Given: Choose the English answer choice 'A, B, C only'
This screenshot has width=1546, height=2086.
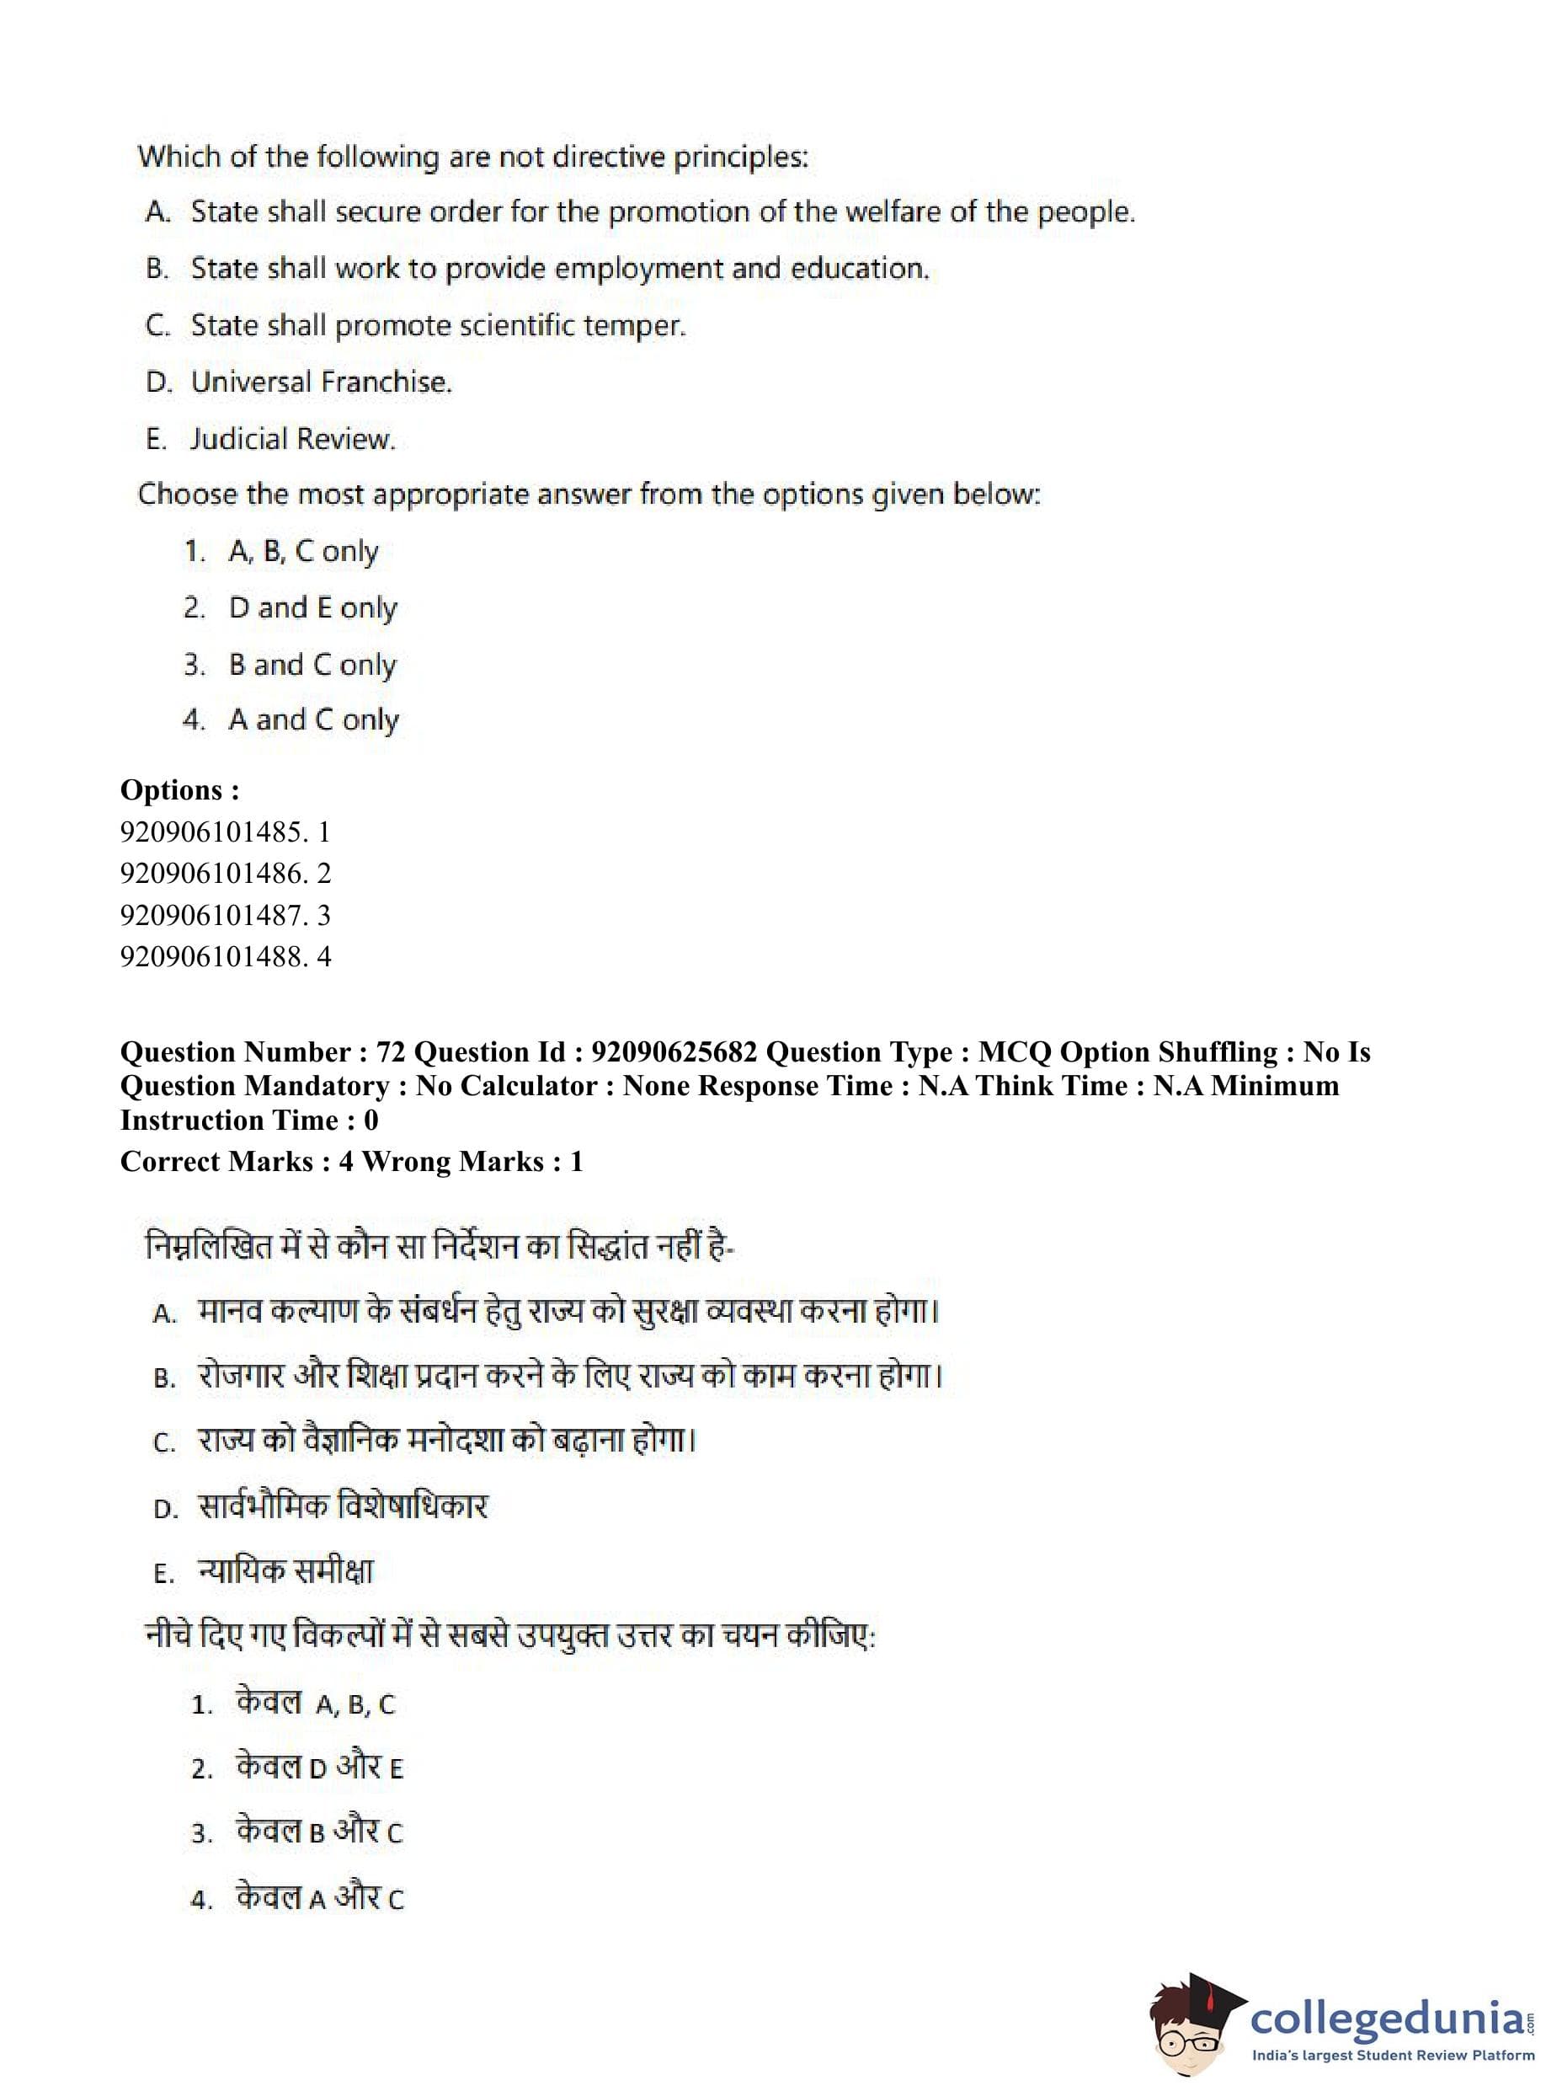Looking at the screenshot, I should tap(303, 552).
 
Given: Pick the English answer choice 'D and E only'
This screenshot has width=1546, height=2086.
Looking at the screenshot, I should tap(312, 608).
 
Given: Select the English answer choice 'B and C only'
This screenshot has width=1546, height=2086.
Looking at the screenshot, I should tap(312, 665).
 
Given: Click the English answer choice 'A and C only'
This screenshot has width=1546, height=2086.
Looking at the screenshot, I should tap(313, 720).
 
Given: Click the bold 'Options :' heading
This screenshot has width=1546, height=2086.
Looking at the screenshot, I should tap(179, 789).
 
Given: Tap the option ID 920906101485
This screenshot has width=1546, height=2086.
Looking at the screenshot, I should tap(211, 832).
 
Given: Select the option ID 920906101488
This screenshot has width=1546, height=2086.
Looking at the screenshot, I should tap(211, 956).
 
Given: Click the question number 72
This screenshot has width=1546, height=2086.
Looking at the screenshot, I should tap(390, 1052).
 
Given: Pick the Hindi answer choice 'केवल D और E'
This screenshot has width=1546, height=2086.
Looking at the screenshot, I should tap(319, 1768).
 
